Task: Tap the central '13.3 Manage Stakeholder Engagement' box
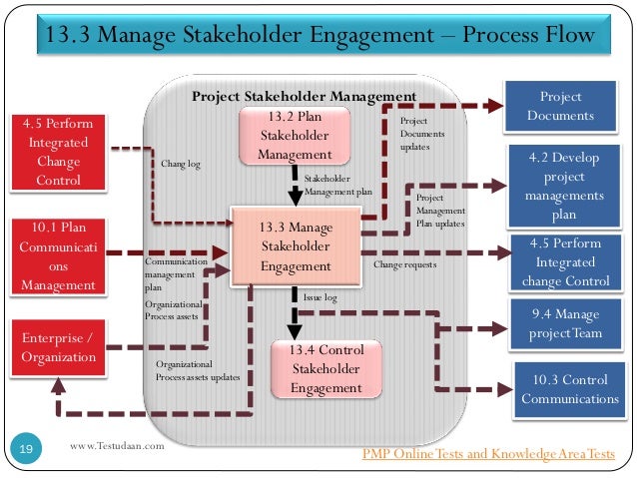coord(296,246)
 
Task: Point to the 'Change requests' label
coord(404,265)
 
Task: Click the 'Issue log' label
coord(320,297)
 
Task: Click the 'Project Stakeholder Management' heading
coord(304,96)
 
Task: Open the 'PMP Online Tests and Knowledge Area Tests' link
coord(488,455)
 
